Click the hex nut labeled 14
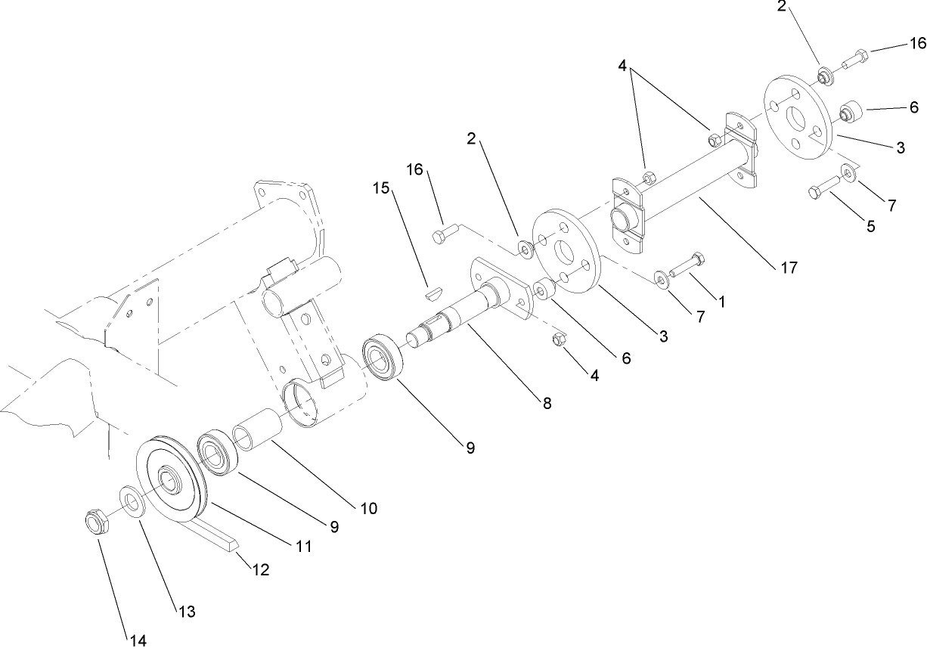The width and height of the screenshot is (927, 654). pyautogui.click(x=95, y=522)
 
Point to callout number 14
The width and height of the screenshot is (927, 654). pyautogui.click(x=136, y=640)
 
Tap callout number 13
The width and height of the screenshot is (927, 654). pyautogui.click(x=186, y=611)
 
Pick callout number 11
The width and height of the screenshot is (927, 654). pyautogui.click(x=303, y=545)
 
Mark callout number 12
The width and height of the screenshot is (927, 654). pyautogui.click(x=260, y=570)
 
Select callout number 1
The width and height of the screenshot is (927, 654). pyautogui.click(x=721, y=301)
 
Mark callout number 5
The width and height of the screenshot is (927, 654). pyautogui.click(x=871, y=225)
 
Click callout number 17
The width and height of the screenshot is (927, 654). pyautogui.click(x=788, y=267)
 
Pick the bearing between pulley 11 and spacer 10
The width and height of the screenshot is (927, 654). pyautogui.click(x=219, y=453)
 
